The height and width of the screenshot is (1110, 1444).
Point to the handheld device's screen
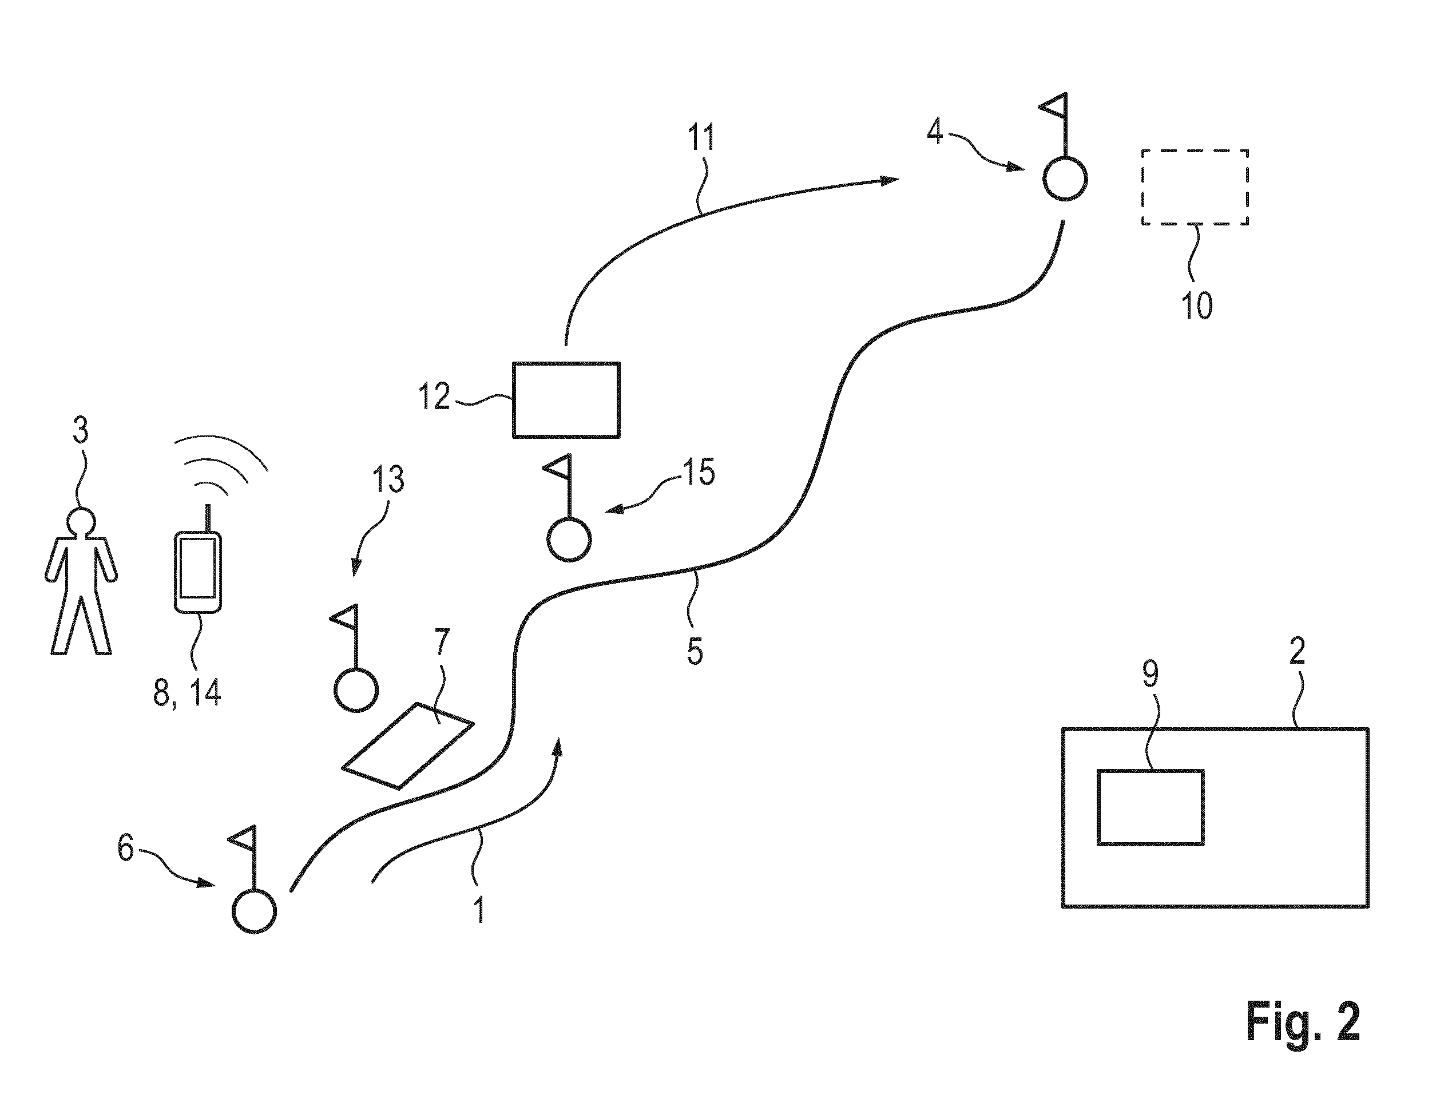coord(197,568)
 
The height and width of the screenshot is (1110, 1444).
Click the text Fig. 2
coord(1303,1021)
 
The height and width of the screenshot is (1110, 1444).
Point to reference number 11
coord(701,137)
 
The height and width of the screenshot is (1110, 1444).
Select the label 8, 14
coord(187,693)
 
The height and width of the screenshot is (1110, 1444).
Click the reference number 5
coord(695,651)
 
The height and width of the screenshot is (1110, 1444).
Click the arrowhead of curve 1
coord(558,748)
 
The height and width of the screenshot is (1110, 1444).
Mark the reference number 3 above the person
coord(80,430)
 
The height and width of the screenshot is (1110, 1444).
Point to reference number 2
coord(1298,652)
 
